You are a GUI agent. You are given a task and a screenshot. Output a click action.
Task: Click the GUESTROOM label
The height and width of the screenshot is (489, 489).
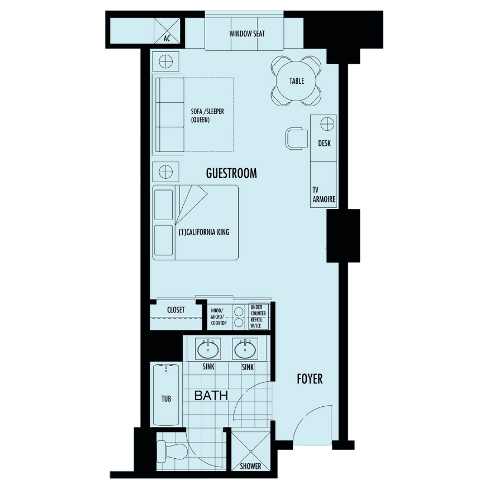[231, 173]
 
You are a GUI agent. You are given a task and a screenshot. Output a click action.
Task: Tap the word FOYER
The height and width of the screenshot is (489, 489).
[310, 379]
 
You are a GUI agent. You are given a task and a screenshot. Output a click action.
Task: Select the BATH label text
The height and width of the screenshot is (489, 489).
[211, 396]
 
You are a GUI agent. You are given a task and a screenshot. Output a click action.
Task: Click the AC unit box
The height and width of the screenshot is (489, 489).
[167, 31]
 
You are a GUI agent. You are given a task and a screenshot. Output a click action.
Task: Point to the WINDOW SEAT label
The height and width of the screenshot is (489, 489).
[247, 34]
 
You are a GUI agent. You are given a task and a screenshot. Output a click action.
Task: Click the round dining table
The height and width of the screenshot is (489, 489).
[296, 81]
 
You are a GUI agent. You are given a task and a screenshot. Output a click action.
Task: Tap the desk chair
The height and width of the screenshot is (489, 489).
[296, 138]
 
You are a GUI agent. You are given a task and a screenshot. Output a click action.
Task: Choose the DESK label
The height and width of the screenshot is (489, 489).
[324, 143]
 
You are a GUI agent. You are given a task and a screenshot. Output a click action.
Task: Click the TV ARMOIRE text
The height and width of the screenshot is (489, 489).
[324, 194]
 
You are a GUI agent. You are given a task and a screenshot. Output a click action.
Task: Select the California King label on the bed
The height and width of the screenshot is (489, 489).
[204, 232]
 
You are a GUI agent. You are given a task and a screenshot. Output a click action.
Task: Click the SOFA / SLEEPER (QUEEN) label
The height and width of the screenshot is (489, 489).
[207, 115]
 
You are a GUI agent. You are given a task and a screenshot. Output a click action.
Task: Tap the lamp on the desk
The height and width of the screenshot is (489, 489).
[327, 124]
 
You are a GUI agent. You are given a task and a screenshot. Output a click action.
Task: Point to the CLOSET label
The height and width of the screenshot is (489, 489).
[176, 310]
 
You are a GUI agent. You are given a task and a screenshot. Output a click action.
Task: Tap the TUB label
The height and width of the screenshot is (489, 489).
[166, 398]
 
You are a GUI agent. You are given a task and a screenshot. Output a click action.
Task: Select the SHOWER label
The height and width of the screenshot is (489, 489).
[250, 466]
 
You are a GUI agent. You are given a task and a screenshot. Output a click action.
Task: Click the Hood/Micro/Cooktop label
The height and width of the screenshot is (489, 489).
[219, 317]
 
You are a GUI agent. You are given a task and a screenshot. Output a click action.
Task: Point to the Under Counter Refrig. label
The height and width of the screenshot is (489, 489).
[258, 316]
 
